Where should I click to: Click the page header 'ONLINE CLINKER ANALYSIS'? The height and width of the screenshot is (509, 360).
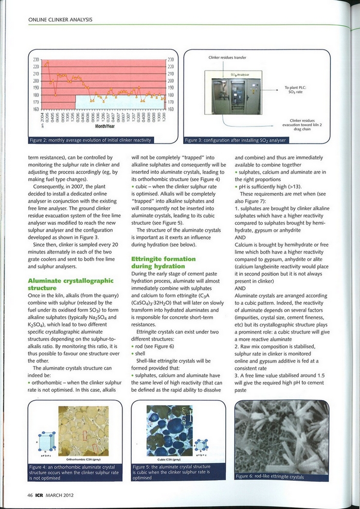(60, 20)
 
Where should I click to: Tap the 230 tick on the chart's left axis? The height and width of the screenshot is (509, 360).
(37, 60)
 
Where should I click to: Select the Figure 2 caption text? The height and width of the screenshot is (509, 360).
(92, 140)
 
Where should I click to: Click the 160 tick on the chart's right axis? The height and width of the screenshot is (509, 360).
(171, 109)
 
